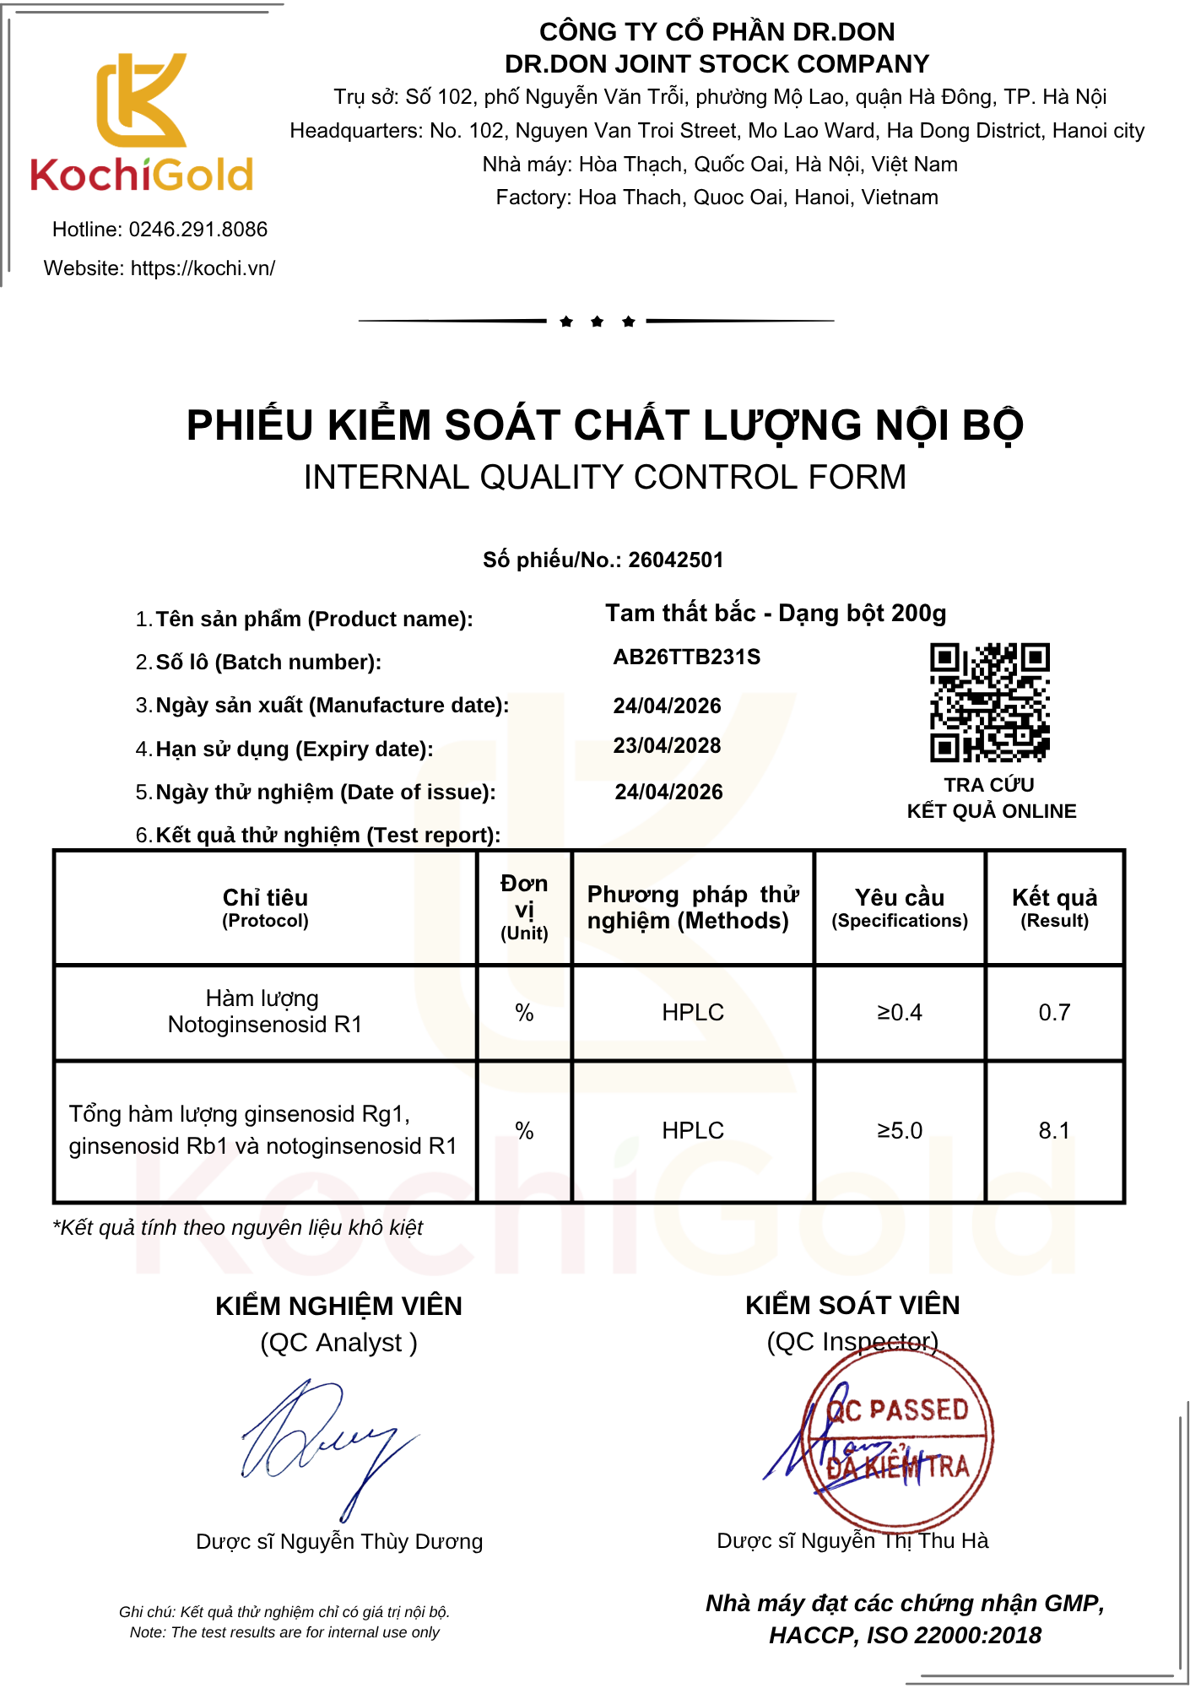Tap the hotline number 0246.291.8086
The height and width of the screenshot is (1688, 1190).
click(197, 230)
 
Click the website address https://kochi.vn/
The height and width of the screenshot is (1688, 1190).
click(203, 268)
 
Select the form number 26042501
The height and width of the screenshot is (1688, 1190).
click(675, 560)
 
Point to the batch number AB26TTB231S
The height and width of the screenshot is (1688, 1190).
click(686, 657)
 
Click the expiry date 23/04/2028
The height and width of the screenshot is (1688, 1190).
click(667, 746)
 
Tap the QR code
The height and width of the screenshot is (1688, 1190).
click(989, 702)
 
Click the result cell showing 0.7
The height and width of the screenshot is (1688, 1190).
click(1054, 1013)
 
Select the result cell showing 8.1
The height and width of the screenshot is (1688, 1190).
click(1054, 1131)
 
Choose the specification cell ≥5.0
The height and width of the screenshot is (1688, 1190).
click(900, 1131)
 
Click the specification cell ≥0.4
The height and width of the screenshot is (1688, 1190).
click(900, 1013)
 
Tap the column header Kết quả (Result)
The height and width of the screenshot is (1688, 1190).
click(1054, 907)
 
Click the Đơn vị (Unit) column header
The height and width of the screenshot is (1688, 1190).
click(524, 907)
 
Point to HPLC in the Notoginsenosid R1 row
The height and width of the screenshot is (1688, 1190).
click(693, 1013)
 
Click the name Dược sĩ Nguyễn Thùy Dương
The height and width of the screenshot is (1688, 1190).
click(339, 1542)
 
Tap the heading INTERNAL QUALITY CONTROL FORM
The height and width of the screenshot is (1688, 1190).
click(604, 478)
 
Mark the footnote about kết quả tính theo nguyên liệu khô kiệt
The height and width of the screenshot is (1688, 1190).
click(238, 1228)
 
